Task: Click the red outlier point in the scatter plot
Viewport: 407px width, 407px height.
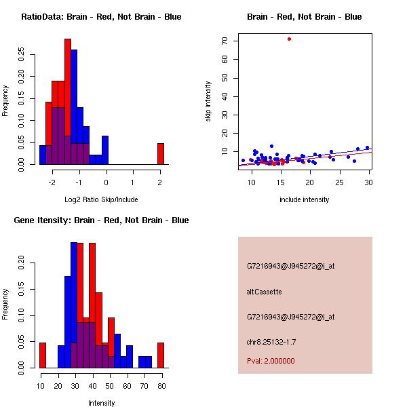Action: click(289, 39)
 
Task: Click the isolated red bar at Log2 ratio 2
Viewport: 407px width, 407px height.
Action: click(161, 153)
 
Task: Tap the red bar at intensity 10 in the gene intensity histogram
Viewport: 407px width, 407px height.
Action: click(42, 355)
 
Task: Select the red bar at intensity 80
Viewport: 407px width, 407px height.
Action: click(161, 355)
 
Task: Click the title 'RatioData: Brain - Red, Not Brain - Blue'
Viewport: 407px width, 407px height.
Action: click(101, 17)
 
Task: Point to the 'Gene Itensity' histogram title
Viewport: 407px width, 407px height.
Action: click(101, 220)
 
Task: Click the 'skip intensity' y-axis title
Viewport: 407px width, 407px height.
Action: click(209, 102)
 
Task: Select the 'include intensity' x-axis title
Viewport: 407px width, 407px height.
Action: click(305, 199)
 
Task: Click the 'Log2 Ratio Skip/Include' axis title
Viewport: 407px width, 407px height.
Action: click(101, 199)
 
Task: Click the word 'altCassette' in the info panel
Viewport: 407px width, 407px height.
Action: click(264, 292)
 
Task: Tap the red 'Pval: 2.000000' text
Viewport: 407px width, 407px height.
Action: click(271, 361)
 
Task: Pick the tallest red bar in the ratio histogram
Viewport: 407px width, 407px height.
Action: click(68, 102)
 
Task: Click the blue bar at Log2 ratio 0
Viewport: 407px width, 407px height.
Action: click(105, 150)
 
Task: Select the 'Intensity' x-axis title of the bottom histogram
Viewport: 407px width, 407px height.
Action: click(101, 403)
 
